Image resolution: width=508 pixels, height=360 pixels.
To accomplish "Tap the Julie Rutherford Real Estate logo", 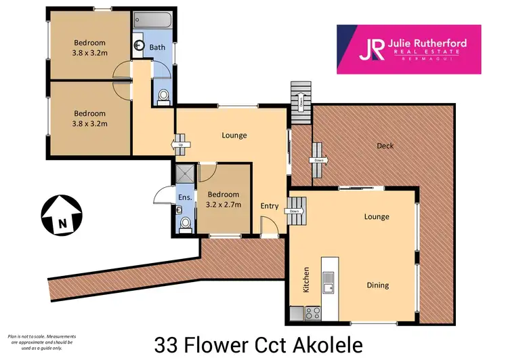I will [x=409, y=49].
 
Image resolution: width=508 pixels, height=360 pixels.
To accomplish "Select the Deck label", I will [x=385, y=146].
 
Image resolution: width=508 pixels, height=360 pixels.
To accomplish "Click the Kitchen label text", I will [x=306, y=279].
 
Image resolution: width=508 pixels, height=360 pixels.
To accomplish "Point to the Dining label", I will [x=378, y=285].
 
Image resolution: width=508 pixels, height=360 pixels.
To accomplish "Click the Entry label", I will [x=270, y=206].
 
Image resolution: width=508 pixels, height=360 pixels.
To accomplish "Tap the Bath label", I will [x=157, y=47].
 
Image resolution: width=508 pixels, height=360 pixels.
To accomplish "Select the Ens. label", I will [x=184, y=197].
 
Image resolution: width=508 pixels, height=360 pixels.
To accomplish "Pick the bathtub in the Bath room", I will [x=154, y=19].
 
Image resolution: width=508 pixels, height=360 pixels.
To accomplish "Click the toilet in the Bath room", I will [x=163, y=98].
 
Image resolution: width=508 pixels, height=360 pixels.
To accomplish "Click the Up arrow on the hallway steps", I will [x=181, y=144].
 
